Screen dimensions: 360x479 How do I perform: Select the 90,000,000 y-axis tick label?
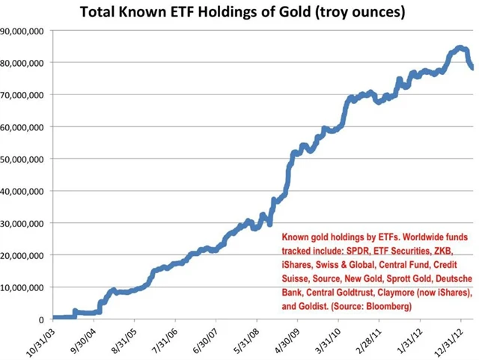22,31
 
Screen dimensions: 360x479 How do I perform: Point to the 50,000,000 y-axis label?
22,159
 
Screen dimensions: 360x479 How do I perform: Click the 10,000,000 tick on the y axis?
22,287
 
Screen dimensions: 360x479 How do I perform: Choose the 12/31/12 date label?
456,341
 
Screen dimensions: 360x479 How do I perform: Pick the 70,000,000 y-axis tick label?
22,95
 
